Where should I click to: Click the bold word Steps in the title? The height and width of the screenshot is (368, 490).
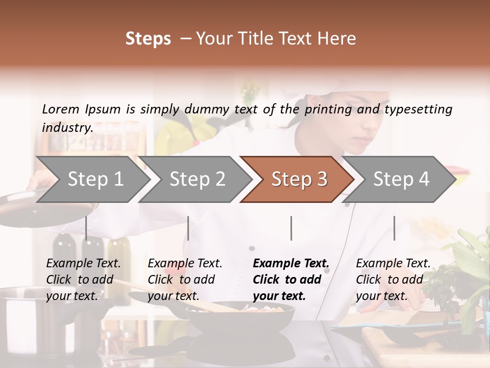[x=148, y=38]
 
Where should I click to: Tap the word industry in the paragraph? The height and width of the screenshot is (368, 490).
[x=67, y=127]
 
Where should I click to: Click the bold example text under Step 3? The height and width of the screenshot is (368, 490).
[x=290, y=280]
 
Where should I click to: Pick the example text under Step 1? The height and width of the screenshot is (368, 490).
[x=83, y=280]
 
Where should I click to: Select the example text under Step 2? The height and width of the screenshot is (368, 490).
[x=184, y=280]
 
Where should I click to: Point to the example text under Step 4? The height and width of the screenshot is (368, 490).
[x=393, y=280]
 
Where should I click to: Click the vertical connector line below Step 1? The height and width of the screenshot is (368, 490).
[x=86, y=228]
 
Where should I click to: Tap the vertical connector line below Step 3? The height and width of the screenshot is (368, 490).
[x=291, y=228]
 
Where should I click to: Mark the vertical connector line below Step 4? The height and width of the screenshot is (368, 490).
[x=394, y=228]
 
